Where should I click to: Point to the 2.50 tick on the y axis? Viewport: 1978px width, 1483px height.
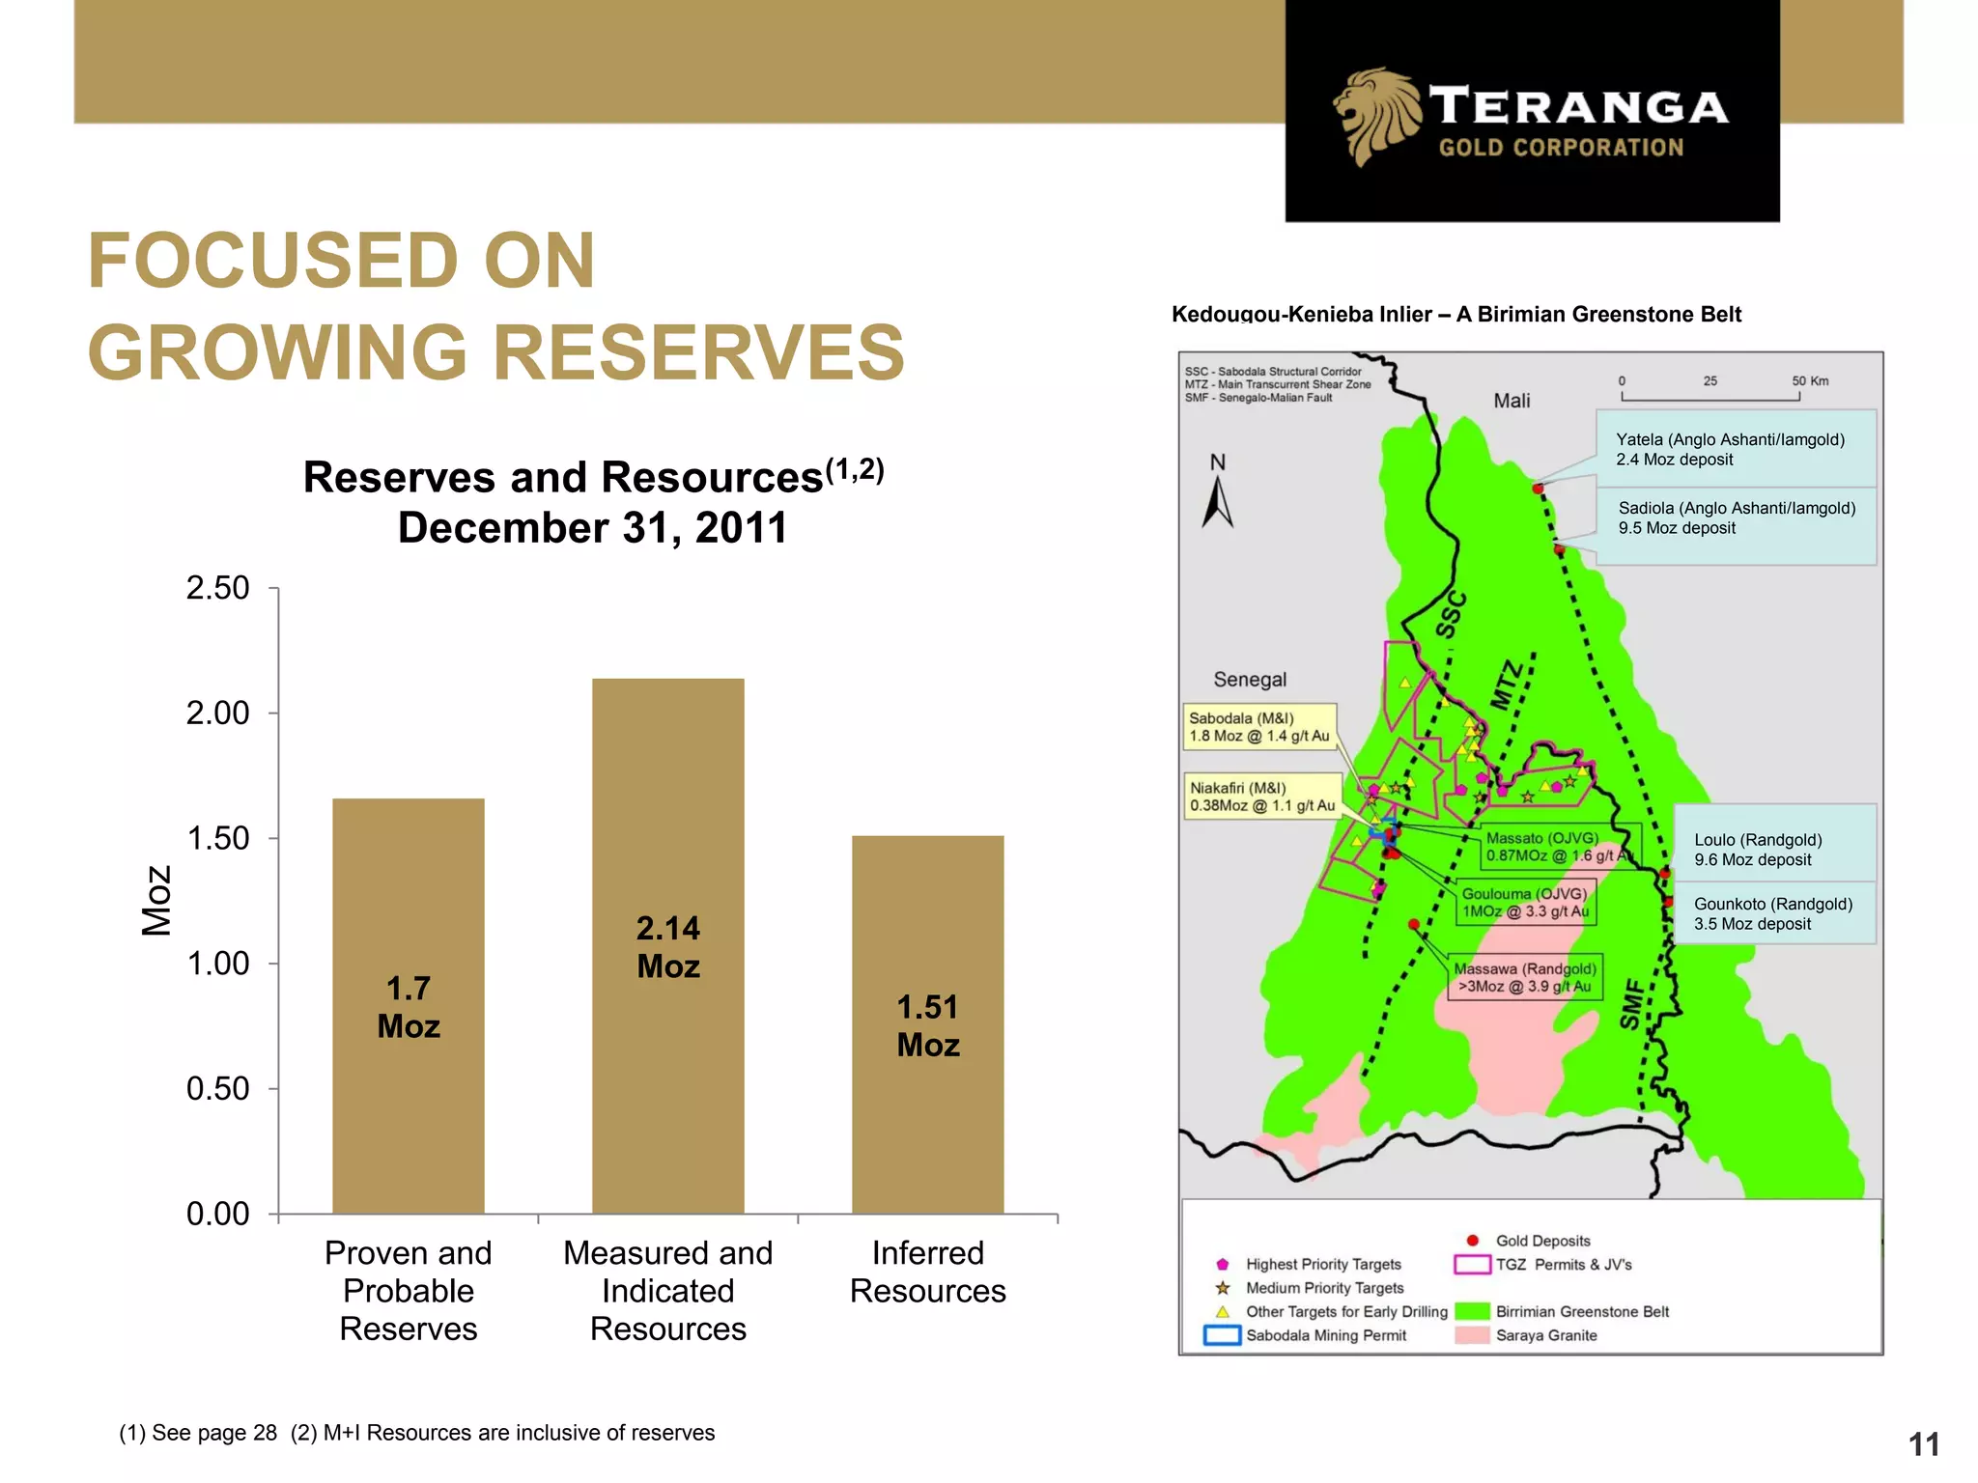(x=217, y=588)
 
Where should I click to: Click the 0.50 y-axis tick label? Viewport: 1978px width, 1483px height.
(x=217, y=1089)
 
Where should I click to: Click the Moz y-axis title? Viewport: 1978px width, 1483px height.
(x=156, y=900)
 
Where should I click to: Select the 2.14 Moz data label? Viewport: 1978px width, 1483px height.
(x=667, y=947)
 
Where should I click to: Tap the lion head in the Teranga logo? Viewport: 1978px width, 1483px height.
(x=1376, y=114)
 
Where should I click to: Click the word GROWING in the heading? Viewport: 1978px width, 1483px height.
(x=279, y=352)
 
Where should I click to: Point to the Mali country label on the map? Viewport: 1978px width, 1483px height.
(x=1512, y=401)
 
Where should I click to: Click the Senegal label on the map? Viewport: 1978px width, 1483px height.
(x=1250, y=680)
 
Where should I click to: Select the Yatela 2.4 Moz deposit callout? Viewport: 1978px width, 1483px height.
(x=1735, y=449)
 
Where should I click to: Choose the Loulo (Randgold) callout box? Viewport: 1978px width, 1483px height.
(x=1773, y=850)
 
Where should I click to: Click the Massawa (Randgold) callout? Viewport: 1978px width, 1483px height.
(x=1524, y=977)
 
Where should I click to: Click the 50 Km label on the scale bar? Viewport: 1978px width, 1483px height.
(x=1809, y=381)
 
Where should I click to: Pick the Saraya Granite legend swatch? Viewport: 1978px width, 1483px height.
(x=1472, y=1335)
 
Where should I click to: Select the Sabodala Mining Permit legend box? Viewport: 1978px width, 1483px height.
(x=1222, y=1335)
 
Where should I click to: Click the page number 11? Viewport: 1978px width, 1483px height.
(x=1923, y=1444)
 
